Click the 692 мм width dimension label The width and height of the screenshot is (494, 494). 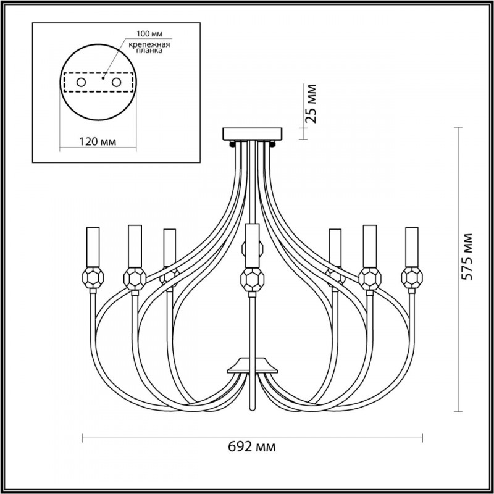click(252, 446)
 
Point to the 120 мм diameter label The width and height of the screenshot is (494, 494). click(98, 142)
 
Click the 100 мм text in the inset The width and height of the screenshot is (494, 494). click(149, 34)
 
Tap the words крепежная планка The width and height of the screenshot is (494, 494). click(149, 48)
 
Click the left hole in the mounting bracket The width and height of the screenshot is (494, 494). click(82, 83)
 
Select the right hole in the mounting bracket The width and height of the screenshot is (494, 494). click(116, 83)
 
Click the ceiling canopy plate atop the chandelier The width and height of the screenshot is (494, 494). click(253, 134)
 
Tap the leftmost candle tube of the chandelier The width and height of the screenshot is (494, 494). click(93, 247)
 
